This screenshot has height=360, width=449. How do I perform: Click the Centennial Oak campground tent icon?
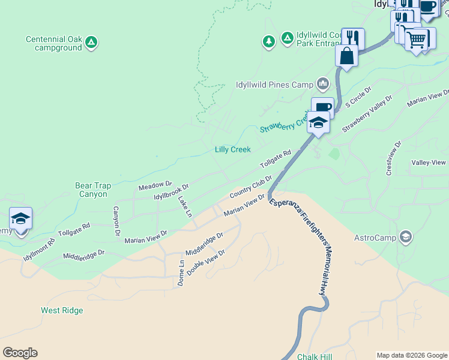click(91, 42)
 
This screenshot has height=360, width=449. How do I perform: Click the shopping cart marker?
click(415, 40)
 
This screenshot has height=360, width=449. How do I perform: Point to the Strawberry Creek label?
click(283, 123)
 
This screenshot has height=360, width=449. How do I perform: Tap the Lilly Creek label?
click(232, 149)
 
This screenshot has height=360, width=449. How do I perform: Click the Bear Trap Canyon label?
click(92, 190)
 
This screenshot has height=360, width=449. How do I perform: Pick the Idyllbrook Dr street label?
click(171, 192)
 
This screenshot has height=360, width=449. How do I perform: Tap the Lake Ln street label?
click(185, 206)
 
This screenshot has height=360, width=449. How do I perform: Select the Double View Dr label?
click(205, 262)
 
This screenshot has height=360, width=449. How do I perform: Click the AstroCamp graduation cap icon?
click(406, 237)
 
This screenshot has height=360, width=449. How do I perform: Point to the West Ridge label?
click(62, 310)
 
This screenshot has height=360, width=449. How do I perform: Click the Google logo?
click(20, 353)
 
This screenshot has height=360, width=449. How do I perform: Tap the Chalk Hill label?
click(315, 356)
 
